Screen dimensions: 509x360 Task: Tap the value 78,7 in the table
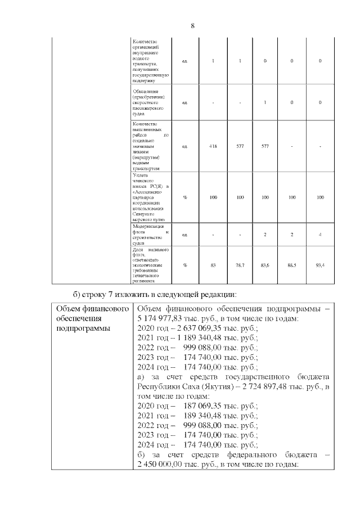coord(240,265)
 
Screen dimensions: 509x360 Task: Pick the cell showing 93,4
coord(320,265)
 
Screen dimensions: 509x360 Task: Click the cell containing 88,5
coord(291,265)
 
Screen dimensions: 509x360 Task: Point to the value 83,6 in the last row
coord(265,265)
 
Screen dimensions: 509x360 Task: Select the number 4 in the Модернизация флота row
coord(320,234)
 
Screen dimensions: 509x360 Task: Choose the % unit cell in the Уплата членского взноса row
coord(185,197)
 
